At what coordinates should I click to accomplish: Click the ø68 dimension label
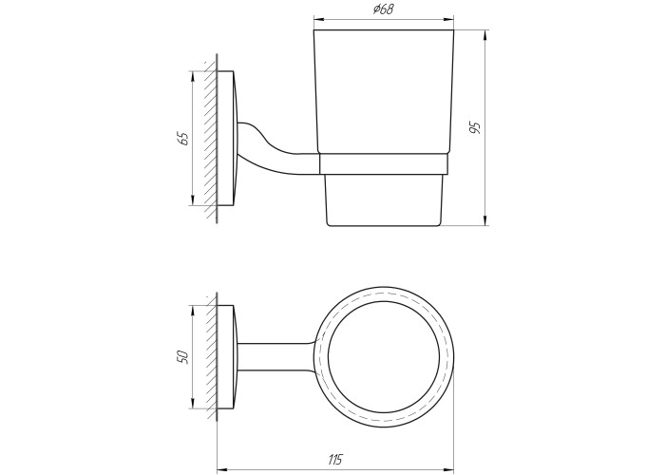pos(384,9)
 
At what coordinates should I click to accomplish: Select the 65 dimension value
pos(183,139)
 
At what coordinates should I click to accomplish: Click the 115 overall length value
pos(334,459)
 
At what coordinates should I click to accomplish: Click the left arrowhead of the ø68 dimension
pos(318,19)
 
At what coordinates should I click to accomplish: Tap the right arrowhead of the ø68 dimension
pos(448,19)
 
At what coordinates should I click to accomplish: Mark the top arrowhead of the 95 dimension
pos(485,35)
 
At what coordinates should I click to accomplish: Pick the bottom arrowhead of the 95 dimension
pos(485,220)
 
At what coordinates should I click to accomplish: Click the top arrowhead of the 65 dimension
pos(193,76)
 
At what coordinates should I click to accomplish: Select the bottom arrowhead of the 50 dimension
pos(193,404)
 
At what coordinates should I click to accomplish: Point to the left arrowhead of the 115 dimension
pos(221,470)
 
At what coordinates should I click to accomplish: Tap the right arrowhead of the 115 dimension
pos(448,470)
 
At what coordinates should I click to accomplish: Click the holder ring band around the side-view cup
pos(383,164)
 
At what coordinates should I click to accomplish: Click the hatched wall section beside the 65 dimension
pos(210,140)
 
